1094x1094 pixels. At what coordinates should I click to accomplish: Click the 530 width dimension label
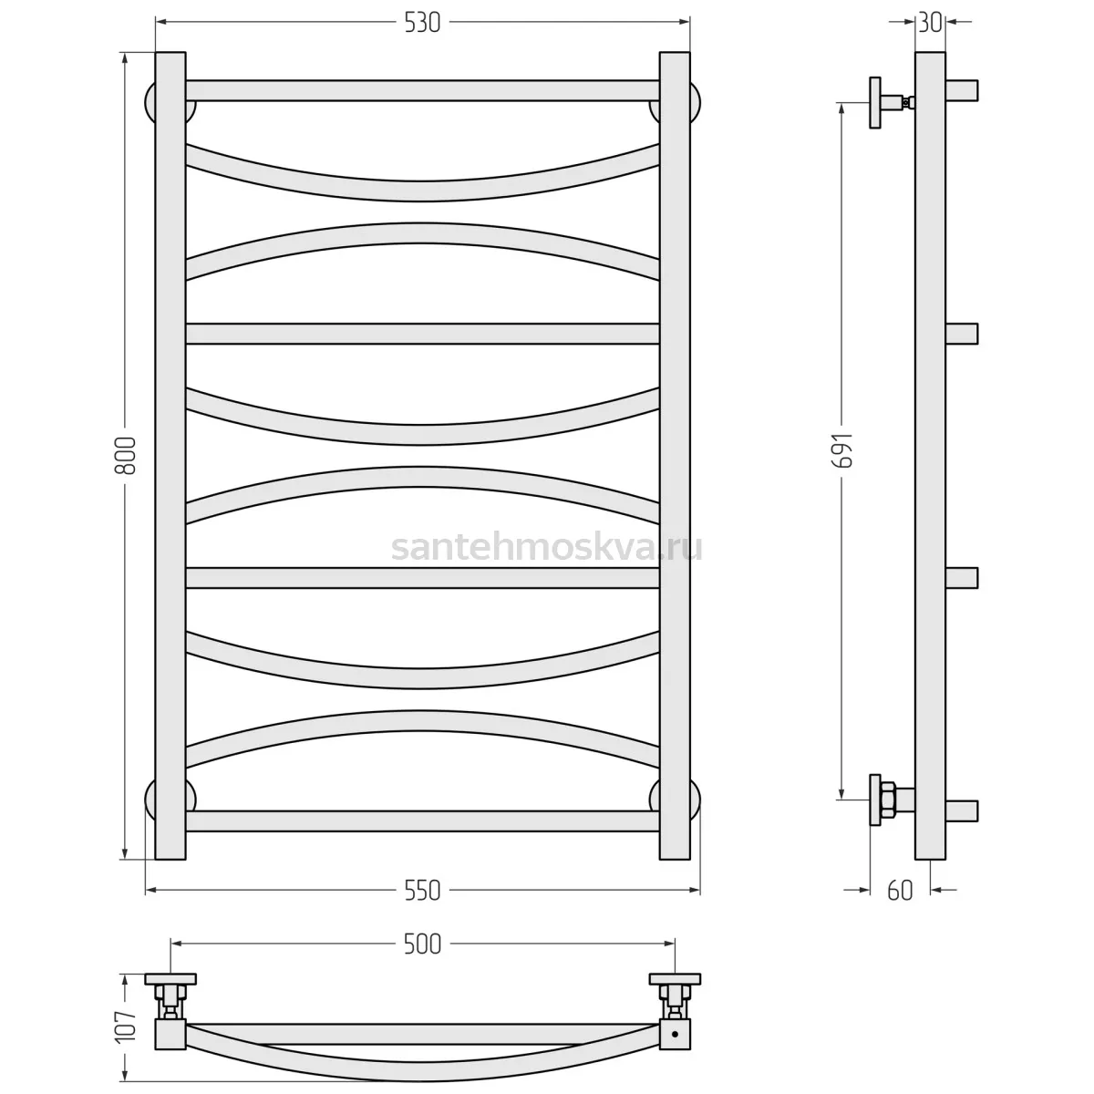[422, 23]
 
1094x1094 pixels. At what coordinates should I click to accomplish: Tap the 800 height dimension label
[126, 456]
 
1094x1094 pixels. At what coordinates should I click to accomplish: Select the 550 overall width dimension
[422, 891]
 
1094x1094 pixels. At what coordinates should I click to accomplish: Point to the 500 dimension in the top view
[422, 944]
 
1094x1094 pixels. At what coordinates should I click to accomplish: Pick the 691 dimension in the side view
[842, 450]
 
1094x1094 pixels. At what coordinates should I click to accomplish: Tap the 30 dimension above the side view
[930, 23]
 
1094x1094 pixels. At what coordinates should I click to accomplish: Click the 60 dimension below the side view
[900, 891]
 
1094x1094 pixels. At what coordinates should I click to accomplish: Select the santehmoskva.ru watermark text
[547, 548]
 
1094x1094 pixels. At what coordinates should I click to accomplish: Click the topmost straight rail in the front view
[422, 91]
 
